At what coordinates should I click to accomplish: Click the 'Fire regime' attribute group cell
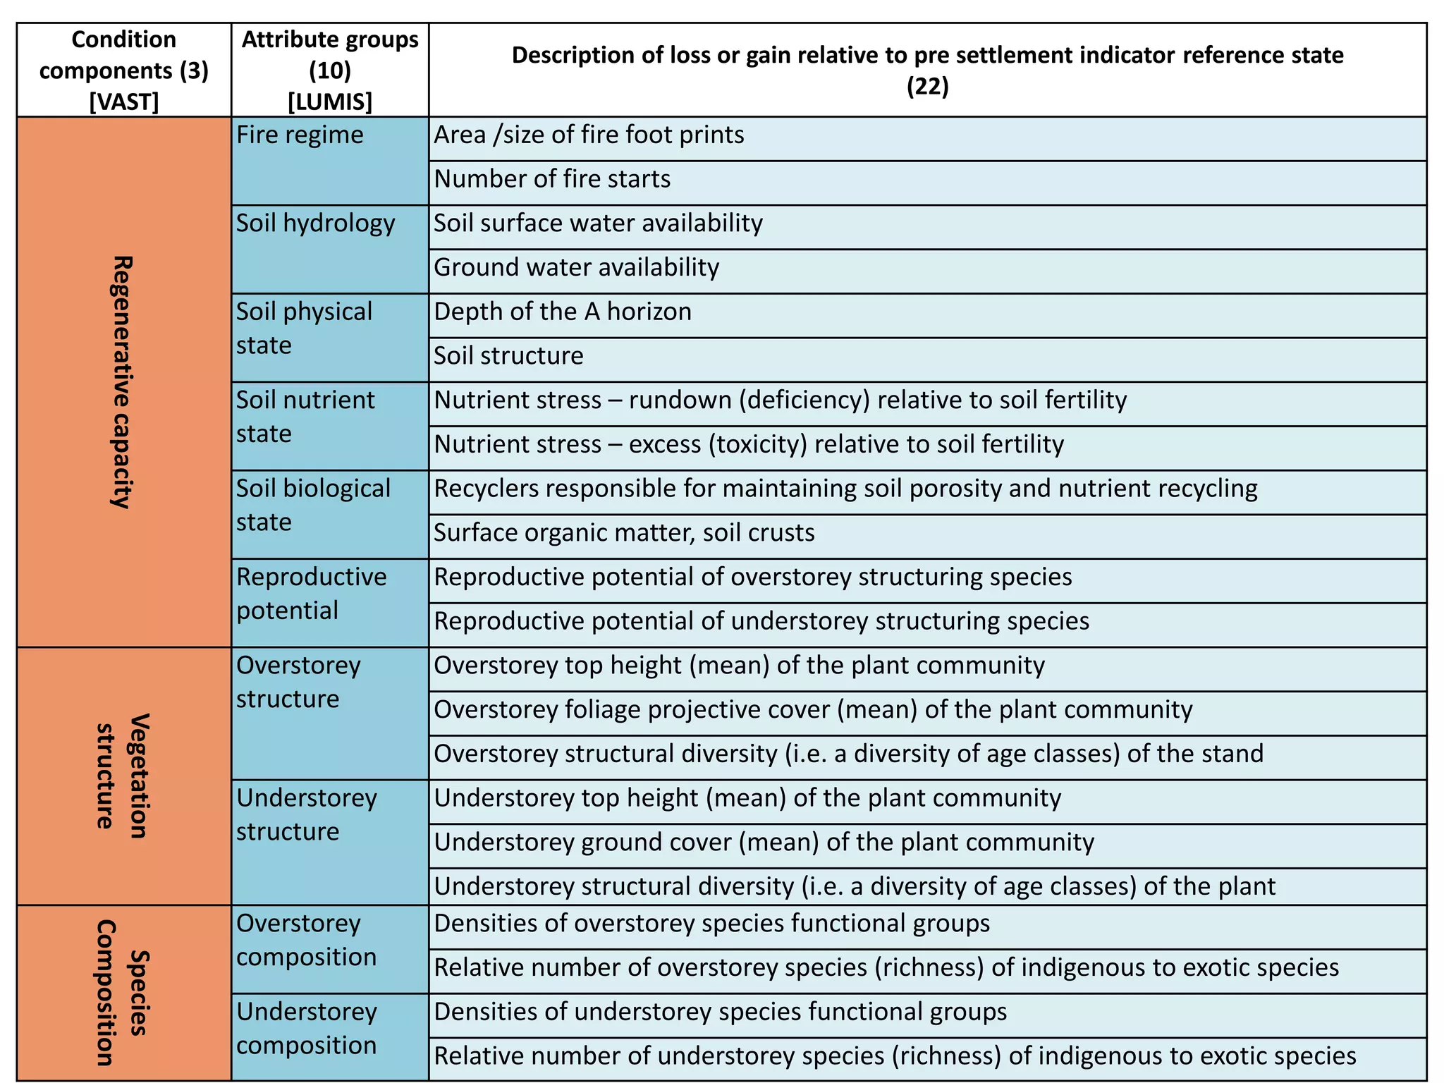[x=300, y=135]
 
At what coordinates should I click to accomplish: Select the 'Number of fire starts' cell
[x=552, y=179]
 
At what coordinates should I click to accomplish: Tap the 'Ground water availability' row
[x=576, y=268]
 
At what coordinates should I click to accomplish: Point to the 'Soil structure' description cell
[x=508, y=356]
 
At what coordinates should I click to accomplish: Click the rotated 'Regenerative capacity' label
[x=123, y=381]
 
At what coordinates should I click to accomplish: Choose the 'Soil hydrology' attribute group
[x=315, y=224]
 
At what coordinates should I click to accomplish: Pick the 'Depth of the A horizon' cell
[x=563, y=312]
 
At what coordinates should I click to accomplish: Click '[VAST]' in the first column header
[x=124, y=102]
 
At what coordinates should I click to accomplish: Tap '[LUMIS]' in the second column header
[x=330, y=102]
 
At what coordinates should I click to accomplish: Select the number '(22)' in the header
[x=927, y=86]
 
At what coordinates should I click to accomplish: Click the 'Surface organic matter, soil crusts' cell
[x=624, y=533]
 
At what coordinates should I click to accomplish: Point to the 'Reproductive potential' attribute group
[x=311, y=593]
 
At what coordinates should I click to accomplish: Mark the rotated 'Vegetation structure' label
[x=123, y=776]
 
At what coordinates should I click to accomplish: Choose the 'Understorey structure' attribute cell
[x=307, y=814]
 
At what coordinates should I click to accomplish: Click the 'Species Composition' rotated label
[x=123, y=993]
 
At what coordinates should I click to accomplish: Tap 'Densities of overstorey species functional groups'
[x=711, y=924]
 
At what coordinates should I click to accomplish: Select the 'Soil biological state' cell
[x=313, y=505]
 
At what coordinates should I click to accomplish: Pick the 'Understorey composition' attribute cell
[x=307, y=1028]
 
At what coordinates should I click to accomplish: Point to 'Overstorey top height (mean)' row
[x=739, y=666]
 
